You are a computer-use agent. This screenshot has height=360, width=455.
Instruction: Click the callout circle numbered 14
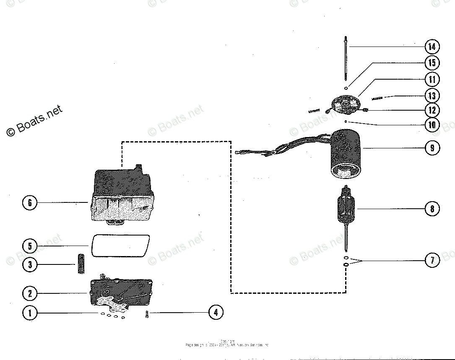click(432, 46)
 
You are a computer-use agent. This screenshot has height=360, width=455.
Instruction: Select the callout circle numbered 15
click(432, 63)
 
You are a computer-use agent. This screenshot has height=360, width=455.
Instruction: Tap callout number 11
click(432, 79)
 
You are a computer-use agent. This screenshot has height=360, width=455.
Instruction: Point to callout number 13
click(432, 96)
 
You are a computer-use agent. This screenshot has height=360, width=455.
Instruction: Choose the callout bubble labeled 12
click(432, 110)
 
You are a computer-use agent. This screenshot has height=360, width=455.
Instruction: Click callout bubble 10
click(432, 125)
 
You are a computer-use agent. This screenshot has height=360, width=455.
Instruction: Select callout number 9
click(432, 148)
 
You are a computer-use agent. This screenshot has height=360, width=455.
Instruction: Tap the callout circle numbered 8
click(432, 209)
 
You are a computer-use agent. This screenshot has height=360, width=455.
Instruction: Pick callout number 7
click(432, 260)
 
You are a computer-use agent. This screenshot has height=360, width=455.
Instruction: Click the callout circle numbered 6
click(29, 203)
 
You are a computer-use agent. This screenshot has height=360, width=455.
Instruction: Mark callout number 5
click(29, 246)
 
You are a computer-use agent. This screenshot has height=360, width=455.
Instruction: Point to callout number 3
click(29, 264)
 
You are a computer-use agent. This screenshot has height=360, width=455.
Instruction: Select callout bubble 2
click(29, 293)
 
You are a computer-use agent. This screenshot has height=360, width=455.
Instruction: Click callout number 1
click(29, 313)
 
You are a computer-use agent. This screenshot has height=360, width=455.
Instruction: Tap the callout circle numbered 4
click(216, 312)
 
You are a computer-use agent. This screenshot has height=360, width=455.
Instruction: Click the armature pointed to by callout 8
click(346, 210)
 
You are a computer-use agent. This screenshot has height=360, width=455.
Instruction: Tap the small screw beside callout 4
click(147, 313)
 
